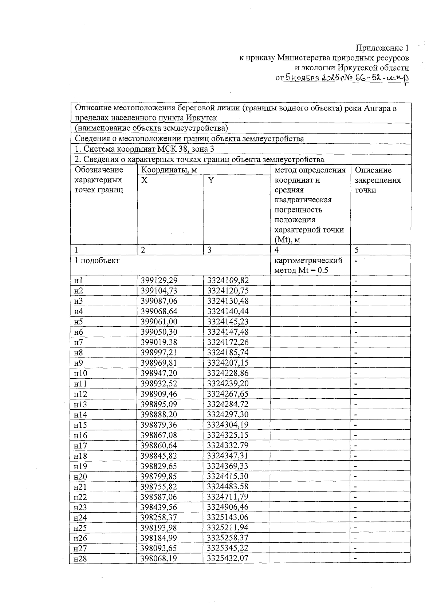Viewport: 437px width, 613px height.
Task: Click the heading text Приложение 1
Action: click(x=382, y=48)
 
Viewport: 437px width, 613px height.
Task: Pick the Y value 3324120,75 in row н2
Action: click(x=228, y=291)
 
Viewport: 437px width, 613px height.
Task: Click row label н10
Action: click(x=80, y=373)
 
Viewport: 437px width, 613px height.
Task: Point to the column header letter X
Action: click(x=145, y=180)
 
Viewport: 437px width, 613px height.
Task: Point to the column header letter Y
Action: click(x=211, y=180)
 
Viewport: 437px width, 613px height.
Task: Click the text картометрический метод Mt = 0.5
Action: click(x=308, y=265)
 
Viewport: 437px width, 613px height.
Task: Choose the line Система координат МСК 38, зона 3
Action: click(x=144, y=149)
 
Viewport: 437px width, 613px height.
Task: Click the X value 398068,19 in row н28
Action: click(x=159, y=558)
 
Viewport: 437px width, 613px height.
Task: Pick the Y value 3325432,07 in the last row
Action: click(x=228, y=558)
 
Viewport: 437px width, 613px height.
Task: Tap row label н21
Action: click(x=80, y=487)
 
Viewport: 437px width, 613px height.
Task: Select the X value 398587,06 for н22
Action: click(x=159, y=497)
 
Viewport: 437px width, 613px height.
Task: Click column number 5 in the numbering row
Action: click(x=357, y=250)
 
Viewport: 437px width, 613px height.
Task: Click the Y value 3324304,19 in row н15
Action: click(x=228, y=425)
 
